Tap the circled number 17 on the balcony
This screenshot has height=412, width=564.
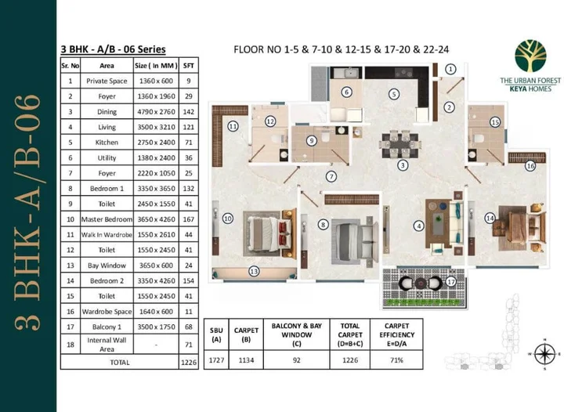tap(450, 281)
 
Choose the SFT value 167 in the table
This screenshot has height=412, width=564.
tap(188, 220)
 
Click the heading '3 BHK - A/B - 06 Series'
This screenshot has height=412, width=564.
tap(113, 49)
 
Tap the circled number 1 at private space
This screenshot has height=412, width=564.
tap(450, 69)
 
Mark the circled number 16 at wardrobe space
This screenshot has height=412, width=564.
tap(530, 165)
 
